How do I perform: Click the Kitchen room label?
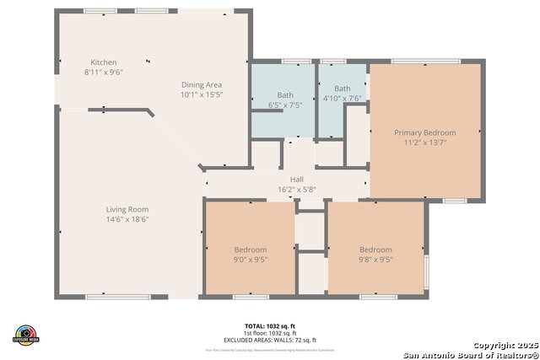point(104,62)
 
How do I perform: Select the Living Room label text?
point(127,209)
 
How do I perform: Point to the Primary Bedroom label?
point(425,132)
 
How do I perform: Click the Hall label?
point(297,180)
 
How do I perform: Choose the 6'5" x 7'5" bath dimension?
point(285,105)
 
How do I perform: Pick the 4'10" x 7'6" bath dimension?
point(342,98)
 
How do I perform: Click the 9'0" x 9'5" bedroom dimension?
point(250,260)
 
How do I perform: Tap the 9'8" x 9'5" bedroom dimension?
point(375,260)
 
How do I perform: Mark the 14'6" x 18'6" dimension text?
point(127,219)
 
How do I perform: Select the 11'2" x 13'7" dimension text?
point(425,142)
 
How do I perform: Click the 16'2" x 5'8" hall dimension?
point(297,189)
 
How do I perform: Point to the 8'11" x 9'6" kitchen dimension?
point(104,73)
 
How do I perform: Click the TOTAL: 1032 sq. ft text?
point(270,325)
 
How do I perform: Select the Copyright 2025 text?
point(504,346)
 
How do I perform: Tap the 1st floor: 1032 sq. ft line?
point(270,332)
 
